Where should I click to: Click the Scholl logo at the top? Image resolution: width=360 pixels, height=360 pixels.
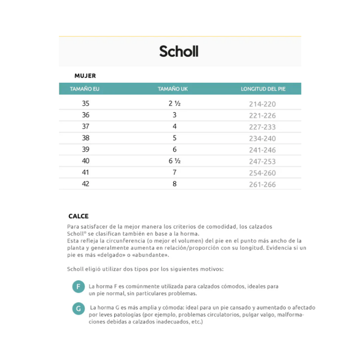tap(179, 51)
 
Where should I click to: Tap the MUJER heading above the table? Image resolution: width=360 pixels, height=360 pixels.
tap(85, 76)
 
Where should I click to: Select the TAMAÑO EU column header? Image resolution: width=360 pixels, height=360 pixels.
tap(85, 89)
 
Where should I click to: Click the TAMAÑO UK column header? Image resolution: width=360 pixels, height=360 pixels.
tap(173, 89)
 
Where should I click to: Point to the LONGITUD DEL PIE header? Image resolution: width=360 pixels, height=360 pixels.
tap(263, 89)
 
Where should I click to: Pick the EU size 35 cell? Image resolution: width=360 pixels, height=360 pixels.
tap(85, 103)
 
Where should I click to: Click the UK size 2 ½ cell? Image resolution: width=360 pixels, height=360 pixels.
tap(175, 103)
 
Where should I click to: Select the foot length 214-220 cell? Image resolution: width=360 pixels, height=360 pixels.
tap(262, 104)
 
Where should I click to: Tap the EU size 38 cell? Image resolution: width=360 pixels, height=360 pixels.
tap(85, 138)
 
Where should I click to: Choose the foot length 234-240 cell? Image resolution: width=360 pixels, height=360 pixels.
tap(262, 139)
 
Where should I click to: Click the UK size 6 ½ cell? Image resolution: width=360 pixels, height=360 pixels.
tap(175, 161)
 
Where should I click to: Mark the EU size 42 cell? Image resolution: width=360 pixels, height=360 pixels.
tap(85, 184)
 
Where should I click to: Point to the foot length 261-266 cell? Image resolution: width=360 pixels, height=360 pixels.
tap(262, 184)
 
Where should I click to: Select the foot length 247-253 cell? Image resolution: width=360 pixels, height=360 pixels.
tap(262, 162)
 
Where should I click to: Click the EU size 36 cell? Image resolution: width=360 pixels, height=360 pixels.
tap(85, 115)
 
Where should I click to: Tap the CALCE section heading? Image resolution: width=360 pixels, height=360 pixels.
tap(78, 216)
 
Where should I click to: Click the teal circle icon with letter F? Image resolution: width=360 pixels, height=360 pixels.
tap(78, 287)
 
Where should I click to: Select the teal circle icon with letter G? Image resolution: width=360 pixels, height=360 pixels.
tap(78, 308)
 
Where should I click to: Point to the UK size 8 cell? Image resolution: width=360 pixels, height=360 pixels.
tap(175, 184)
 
